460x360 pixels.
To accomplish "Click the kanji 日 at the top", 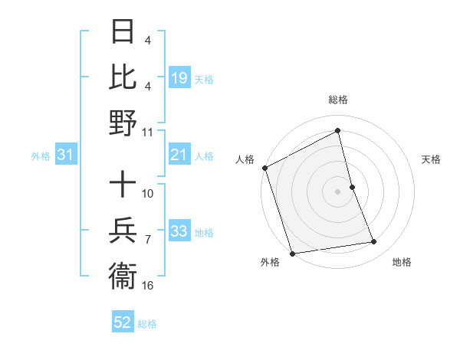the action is (x=122, y=32).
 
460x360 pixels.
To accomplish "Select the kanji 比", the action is (x=122, y=77).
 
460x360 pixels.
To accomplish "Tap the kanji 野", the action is (x=122, y=123).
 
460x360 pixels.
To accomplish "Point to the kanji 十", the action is (x=122, y=184).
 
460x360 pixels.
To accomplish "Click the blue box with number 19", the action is (x=179, y=78).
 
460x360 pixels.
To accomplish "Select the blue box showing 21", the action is (x=179, y=155).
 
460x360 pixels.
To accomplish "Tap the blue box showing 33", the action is (x=179, y=232).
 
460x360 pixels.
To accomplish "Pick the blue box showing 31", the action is (x=66, y=155).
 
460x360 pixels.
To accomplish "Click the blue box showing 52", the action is (x=123, y=323).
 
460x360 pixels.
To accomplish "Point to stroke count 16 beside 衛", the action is (x=148, y=286).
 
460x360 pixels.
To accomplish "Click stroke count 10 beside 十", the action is (x=148, y=193).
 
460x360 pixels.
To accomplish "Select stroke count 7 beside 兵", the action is (x=148, y=240).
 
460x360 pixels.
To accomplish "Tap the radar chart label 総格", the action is (x=338, y=100).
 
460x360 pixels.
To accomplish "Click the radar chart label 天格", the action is (x=432, y=159).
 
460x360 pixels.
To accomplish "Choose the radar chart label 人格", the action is (x=245, y=159).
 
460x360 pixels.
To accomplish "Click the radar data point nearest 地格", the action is (x=374, y=242).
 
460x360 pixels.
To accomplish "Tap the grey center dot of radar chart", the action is (x=338, y=191).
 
